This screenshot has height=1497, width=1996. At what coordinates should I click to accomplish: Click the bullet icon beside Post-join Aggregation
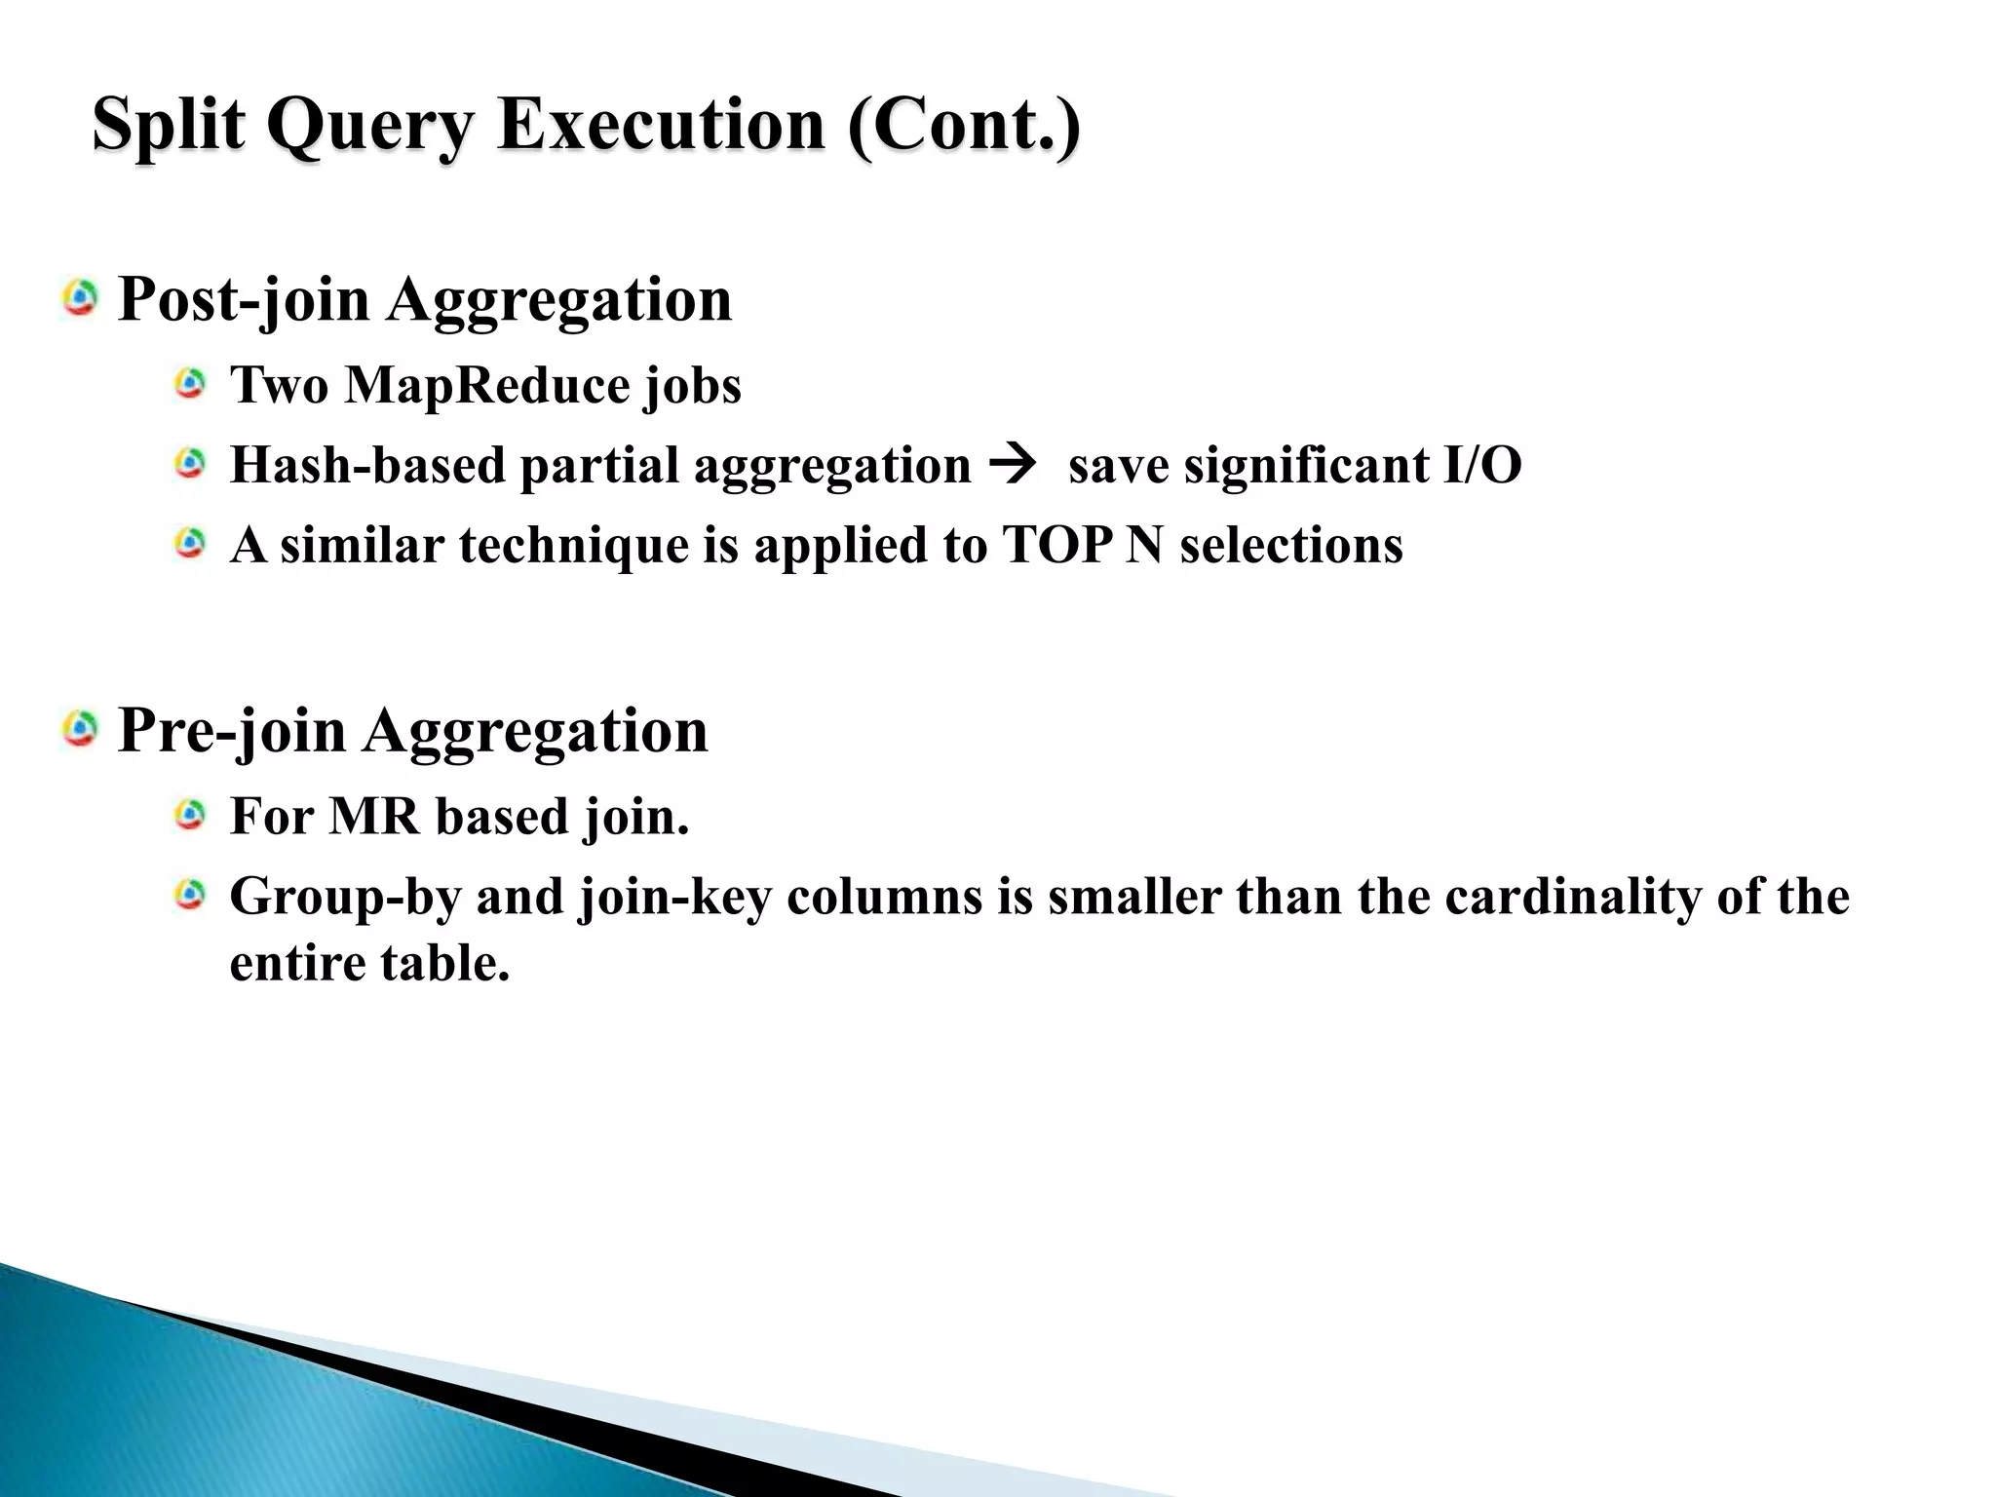tap(80, 298)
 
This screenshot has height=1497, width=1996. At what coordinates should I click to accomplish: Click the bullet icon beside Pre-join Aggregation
tap(80, 729)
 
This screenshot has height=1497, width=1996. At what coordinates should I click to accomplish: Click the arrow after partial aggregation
tap(1011, 463)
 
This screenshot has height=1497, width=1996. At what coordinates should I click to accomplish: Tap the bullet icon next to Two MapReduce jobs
tap(190, 384)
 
